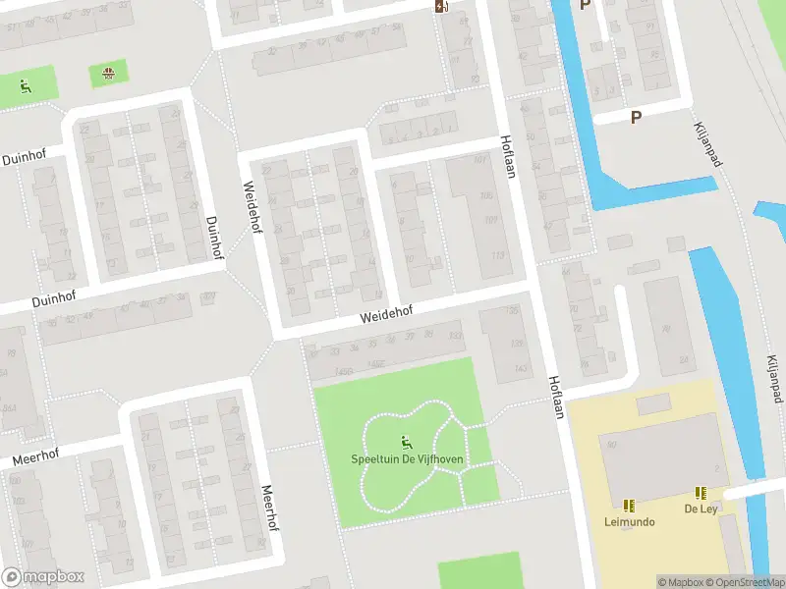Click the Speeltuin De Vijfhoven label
point(407,458)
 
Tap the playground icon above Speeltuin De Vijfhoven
point(407,442)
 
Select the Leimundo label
point(629,521)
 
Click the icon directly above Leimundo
point(629,506)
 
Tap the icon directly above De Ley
point(701,493)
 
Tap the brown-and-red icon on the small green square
point(108,73)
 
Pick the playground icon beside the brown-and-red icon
point(25,86)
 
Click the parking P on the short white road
point(636,116)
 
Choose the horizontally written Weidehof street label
point(386,312)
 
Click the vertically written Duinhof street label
point(211,237)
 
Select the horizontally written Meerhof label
point(35,456)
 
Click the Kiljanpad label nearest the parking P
point(708,143)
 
